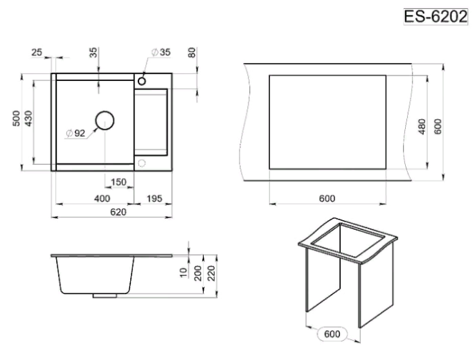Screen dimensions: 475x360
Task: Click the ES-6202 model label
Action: (x=436, y=17)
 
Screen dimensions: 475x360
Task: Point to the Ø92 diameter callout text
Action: (x=75, y=133)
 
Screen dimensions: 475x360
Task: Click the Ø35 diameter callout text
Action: (x=161, y=52)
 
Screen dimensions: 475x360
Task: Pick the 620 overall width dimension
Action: (x=118, y=212)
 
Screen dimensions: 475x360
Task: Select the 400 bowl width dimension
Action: (x=102, y=199)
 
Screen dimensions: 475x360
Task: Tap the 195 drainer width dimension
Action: (x=154, y=199)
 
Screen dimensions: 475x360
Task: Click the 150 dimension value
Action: (x=118, y=182)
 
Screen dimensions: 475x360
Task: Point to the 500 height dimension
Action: (x=17, y=118)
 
